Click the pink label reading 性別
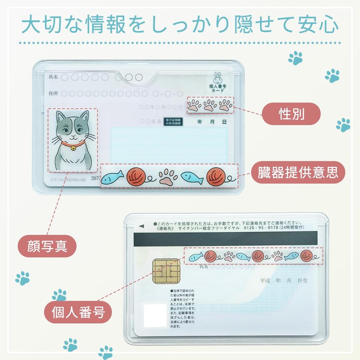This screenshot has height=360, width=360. click(291, 114)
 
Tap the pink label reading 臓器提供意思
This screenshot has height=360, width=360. click(297, 173)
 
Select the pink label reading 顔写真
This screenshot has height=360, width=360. click(47, 247)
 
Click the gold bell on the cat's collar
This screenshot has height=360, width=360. click(73, 149)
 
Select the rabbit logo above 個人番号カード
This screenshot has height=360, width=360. click(217, 77)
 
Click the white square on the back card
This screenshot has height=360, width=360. click(155, 315)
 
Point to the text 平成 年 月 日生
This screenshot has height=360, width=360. click(284, 281)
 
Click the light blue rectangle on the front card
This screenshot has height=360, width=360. click(169, 145)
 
